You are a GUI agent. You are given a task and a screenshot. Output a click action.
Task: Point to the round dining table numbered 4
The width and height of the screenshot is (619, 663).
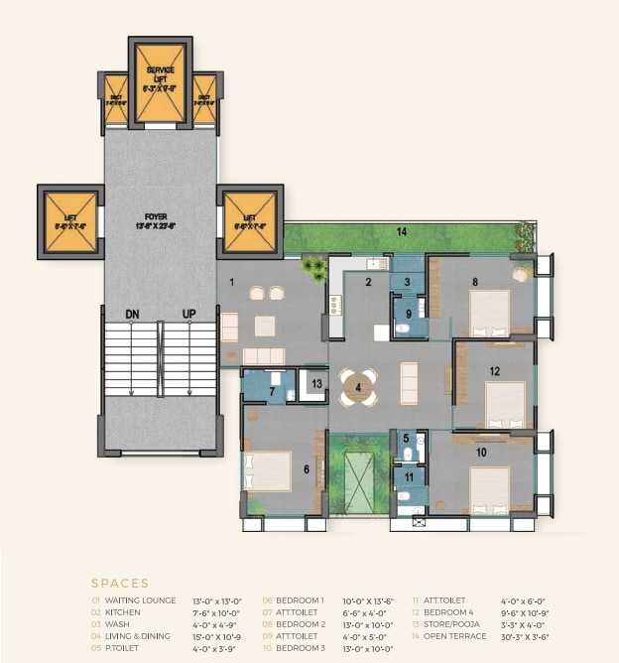pyautogui.click(x=358, y=387)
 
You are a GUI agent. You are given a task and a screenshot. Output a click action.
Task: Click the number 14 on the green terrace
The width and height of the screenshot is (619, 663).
pyautogui.click(x=402, y=231)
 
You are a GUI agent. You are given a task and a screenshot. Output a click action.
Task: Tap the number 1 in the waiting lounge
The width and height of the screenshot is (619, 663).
pyautogui.click(x=231, y=283)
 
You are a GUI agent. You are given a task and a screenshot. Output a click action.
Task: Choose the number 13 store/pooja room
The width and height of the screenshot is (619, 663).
pyautogui.click(x=316, y=383)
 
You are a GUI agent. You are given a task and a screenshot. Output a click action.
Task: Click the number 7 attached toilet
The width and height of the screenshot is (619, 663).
pyautogui.click(x=272, y=391)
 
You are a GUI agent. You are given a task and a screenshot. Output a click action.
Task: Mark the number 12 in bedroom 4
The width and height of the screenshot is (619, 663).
pyautogui.click(x=494, y=371)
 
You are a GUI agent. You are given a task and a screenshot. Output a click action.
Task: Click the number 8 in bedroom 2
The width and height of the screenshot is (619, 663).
pyautogui.click(x=475, y=282)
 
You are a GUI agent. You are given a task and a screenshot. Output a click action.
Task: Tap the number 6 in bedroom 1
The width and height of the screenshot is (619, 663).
pyautogui.click(x=307, y=469)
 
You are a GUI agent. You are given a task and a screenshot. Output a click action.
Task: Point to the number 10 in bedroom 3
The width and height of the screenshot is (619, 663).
pyautogui.click(x=480, y=452)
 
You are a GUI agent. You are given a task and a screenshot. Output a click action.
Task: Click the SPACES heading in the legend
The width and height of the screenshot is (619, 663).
pyautogui.click(x=119, y=584)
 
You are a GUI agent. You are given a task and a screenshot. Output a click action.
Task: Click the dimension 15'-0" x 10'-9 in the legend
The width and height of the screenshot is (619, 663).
pyautogui.click(x=216, y=636)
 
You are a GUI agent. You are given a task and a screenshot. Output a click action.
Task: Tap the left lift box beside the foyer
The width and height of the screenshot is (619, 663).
pyautogui.click(x=70, y=221)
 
